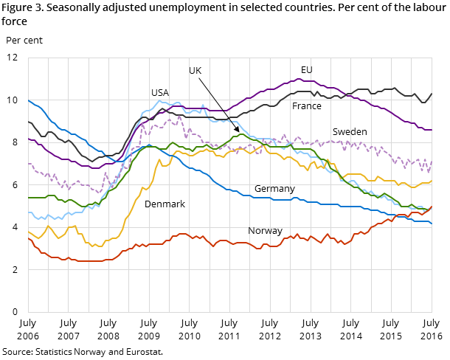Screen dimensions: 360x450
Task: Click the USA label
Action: point(160,93)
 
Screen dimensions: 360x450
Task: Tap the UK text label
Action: point(195,71)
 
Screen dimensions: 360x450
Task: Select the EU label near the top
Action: point(307,70)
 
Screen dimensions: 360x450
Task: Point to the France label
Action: point(307,106)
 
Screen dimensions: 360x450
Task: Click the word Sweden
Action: point(350,132)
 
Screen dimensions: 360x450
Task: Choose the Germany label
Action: point(274,190)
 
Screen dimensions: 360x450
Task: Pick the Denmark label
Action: point(165,204)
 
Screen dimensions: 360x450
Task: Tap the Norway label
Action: point(265,231)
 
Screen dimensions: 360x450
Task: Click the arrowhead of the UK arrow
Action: point(238,131)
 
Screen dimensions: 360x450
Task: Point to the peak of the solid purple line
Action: point(302,78)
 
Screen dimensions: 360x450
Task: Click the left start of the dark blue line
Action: point(29,100)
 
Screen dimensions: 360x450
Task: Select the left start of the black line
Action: point(29,122)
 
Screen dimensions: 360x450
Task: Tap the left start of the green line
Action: point(29,198)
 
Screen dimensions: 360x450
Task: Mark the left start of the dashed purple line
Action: point(29,164)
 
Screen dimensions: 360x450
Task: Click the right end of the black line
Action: point(432,94)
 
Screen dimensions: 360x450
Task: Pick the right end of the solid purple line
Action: point(432,130)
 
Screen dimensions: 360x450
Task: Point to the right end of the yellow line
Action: point(432,181)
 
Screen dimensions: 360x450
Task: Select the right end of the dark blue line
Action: point(432,223)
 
